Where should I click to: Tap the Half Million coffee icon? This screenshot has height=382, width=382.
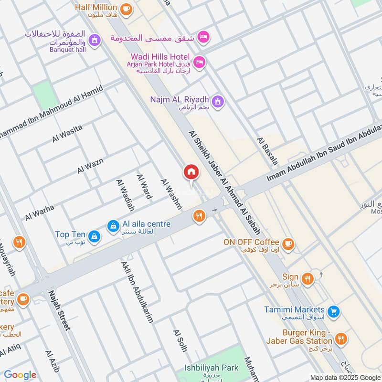tap(126, 9)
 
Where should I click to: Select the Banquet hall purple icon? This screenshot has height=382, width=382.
tap(95, 39)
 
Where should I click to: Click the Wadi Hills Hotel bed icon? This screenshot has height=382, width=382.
tap(200, 61)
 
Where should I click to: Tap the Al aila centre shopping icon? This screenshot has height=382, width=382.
tap(113, 224)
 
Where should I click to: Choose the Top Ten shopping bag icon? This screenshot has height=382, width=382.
tap(94, 235)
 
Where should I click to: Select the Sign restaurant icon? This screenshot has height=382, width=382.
tap(308, 278)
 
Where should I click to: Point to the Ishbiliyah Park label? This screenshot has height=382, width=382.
tap(212, 369)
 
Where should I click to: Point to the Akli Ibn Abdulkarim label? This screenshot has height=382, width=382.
tap(138, 292)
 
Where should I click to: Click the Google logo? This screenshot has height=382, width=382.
tap(20, 375)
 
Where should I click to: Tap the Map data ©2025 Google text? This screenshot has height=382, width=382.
tap(344, 377)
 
